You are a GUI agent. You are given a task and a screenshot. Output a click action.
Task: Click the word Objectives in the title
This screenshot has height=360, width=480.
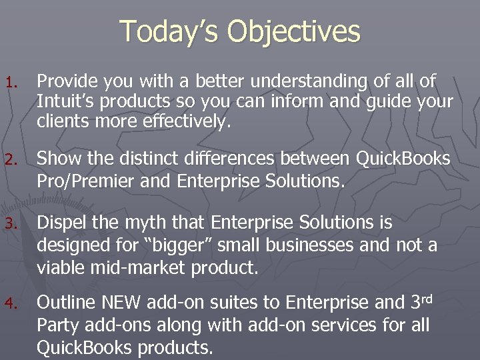point(293,31)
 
